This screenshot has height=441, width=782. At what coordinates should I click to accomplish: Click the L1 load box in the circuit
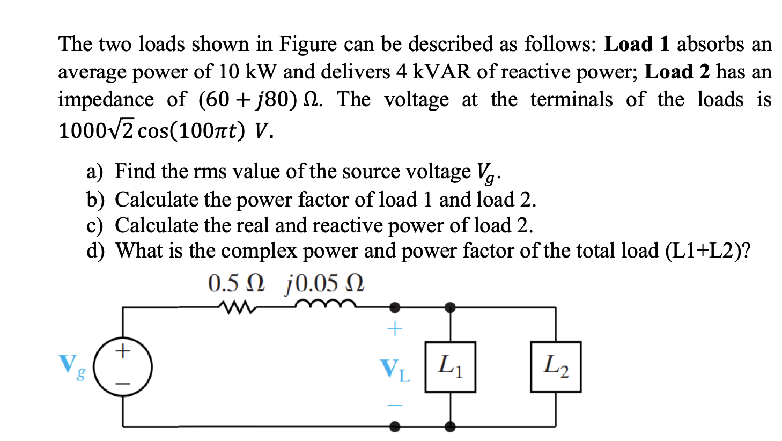[x=450, y=367]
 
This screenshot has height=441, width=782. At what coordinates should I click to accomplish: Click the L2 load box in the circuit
[x=555, y=367]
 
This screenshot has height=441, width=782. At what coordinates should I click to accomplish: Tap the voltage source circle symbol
[x=123, y=367]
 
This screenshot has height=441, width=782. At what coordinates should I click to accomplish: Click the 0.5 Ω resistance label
[x=236, y=283]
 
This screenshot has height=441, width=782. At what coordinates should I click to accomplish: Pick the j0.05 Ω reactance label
[x=324, y=283]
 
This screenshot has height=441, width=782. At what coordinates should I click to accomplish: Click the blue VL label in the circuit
[x=395, y=370]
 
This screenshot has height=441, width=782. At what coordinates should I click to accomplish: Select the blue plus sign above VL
[x=394, y=328]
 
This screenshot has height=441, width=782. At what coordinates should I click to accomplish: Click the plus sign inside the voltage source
[x=123, y=351]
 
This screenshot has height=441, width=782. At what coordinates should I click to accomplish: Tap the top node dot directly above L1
[x=450, y=307]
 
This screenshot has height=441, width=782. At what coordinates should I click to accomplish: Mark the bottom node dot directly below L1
[x=450, y=427]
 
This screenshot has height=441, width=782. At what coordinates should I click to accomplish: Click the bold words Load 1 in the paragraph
[x=637, y=44]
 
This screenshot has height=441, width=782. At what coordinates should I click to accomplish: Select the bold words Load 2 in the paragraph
[x=677, y=72]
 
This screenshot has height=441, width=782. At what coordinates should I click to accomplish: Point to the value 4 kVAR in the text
[x=434, y=72]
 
